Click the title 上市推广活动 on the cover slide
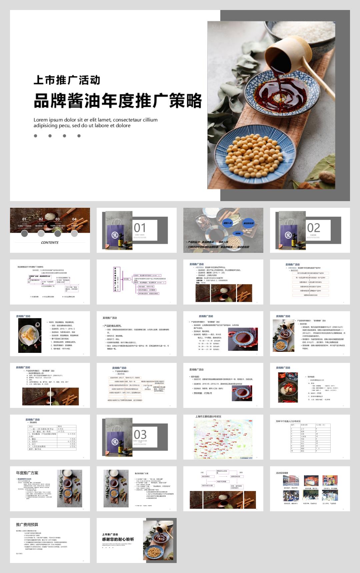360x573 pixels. tap(67, 80)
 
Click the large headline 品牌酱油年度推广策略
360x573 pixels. tap(118, 100)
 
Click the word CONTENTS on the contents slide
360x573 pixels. tap(50, 242)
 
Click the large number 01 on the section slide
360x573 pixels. tap(140, 228)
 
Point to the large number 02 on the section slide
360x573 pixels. tap(313, 228)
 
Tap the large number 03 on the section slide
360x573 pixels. tap(140, 435)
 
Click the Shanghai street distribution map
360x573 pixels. tap(223, 439)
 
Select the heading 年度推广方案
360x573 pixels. tap(27, 473)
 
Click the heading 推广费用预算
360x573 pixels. tap(27, 524)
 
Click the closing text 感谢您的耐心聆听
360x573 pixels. tap(118, 539)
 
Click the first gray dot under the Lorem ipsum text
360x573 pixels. tap(35, 136)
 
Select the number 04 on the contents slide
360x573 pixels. tap(74, 219)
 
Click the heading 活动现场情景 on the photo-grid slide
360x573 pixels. tap(282, 473)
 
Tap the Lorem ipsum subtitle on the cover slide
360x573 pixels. tap(95, 122)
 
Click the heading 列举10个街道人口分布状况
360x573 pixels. tap(288, 421)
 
